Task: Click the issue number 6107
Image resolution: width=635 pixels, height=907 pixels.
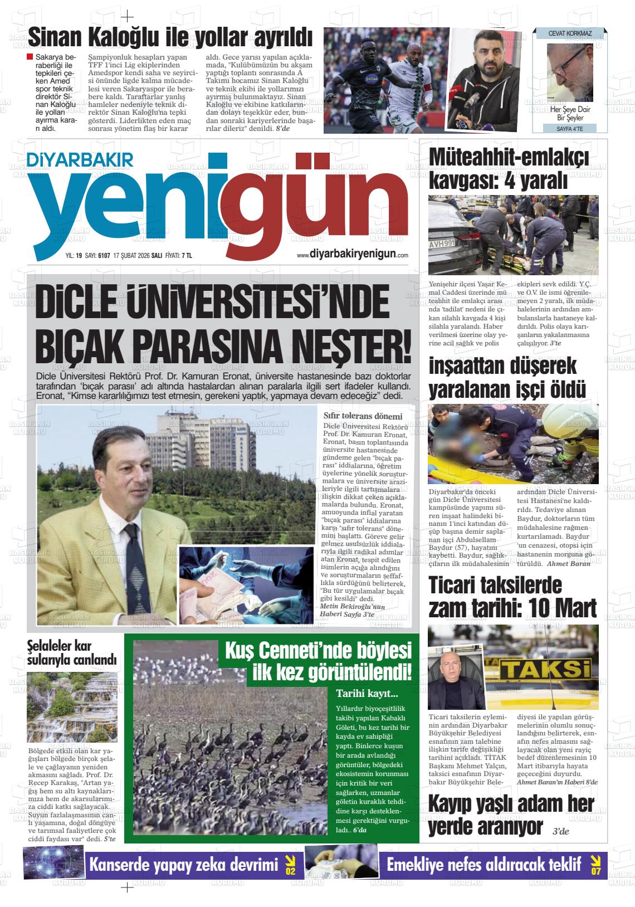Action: click(x=104, y=256)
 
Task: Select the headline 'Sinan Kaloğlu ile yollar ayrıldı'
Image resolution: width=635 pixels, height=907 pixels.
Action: click(x=170, y=38)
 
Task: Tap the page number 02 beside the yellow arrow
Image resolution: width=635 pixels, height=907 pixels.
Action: click(x=290, y=871)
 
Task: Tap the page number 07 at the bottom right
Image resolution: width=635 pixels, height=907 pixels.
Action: click(x=595, y=871)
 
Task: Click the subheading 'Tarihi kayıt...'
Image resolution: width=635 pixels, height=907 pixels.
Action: click(x=367, y=694)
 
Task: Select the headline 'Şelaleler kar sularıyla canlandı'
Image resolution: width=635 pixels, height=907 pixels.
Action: click(x=72, y=654)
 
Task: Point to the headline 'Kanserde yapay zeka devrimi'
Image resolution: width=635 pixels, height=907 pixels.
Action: click(x=184, y=865)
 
